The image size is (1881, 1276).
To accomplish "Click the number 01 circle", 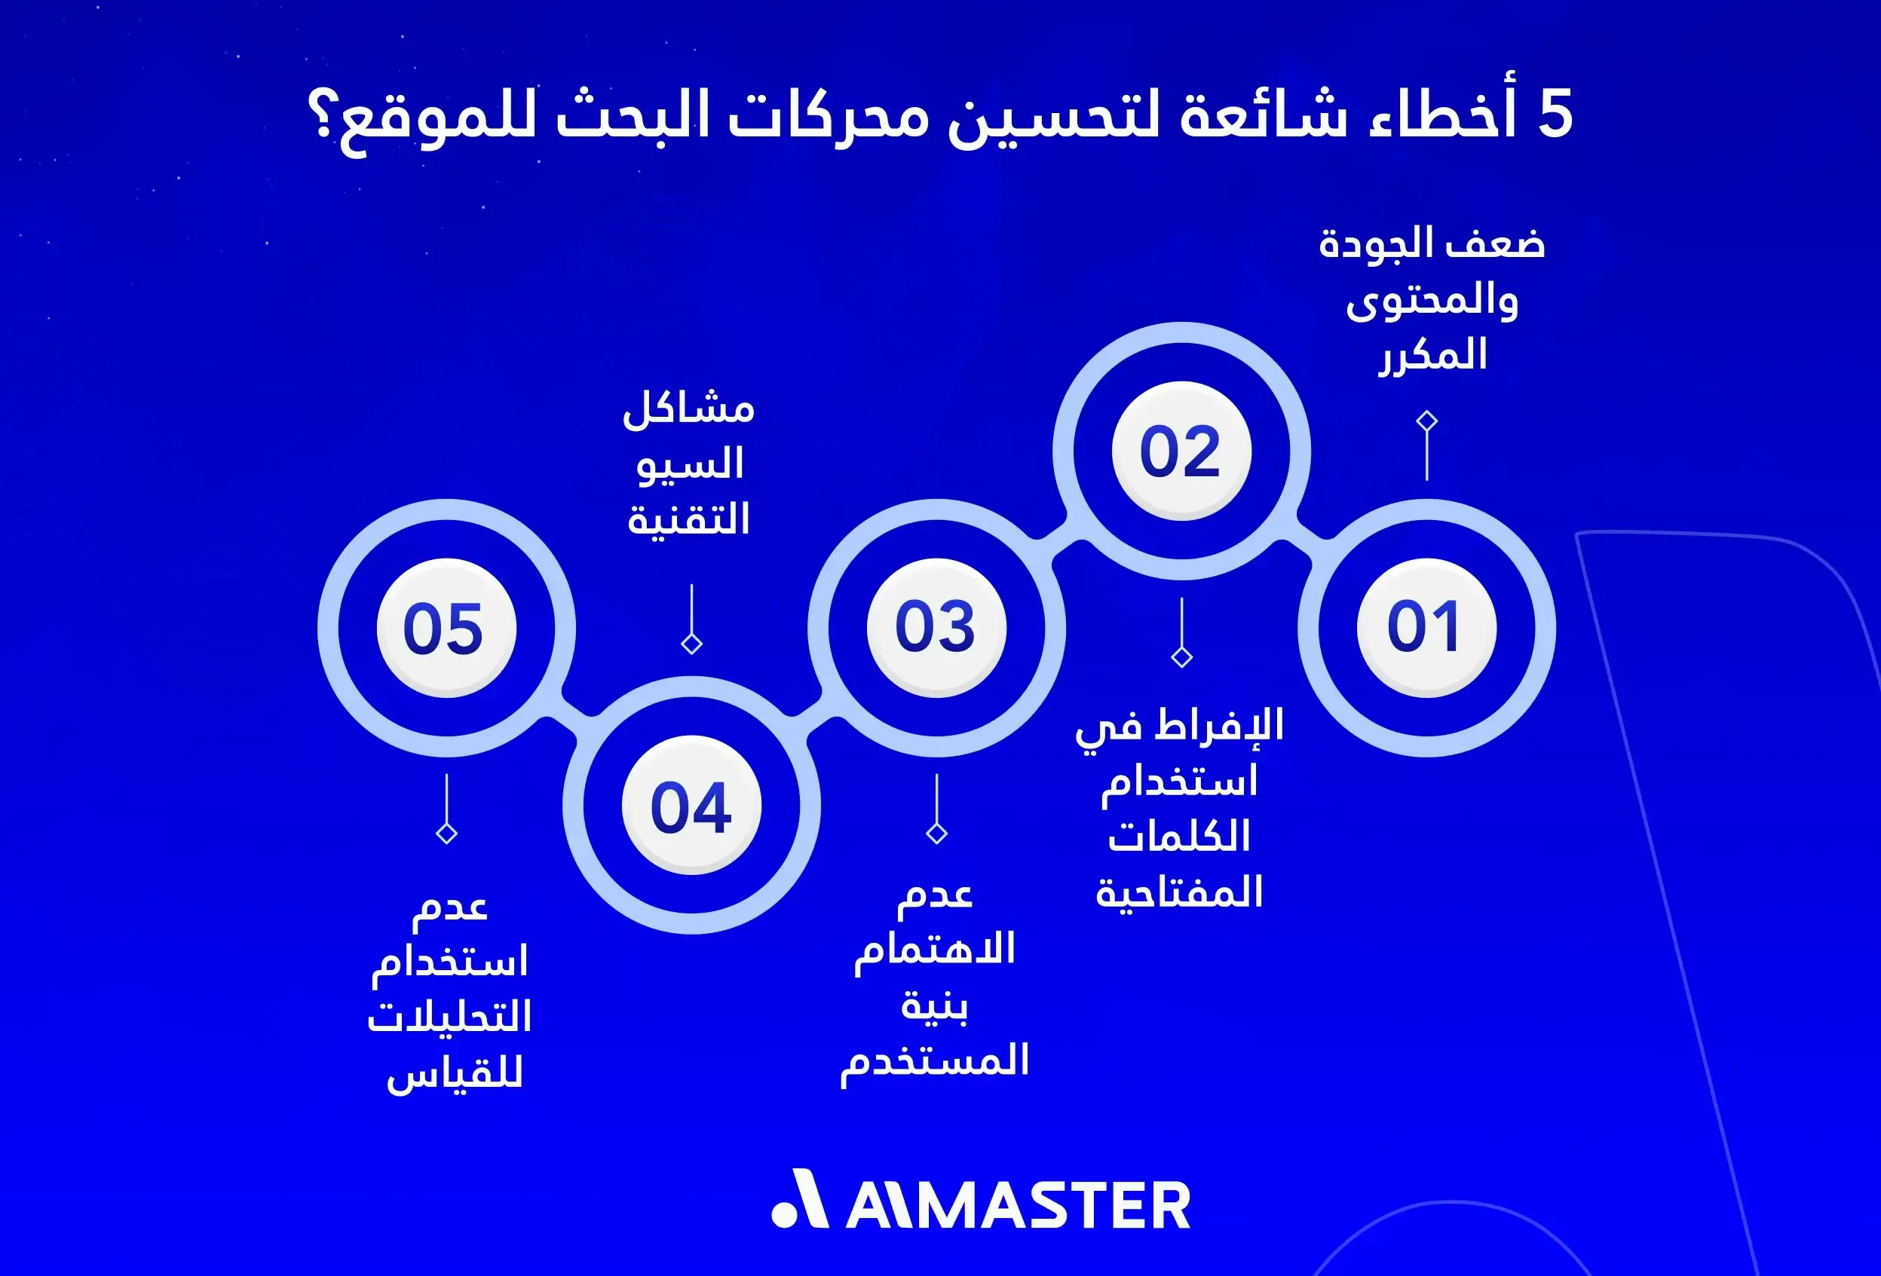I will click(x=1426, y=627).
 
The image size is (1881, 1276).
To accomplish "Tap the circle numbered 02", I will click(x=1181, y=451).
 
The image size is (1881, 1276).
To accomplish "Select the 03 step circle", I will click(x=936, y=627).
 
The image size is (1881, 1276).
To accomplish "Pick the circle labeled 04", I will click(x=691, y=805).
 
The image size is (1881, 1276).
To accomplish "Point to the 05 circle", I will click(x=446, y=627).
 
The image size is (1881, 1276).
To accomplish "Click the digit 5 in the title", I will click(x=1555, y=115).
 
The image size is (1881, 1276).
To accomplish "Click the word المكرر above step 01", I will click(x=1433, y=356).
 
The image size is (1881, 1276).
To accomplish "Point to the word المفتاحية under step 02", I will click(x=1179, y=892).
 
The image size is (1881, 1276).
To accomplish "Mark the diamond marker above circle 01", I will click(x=1426, y=421).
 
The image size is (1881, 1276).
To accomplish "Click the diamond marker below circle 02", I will click(x=1181, y=656).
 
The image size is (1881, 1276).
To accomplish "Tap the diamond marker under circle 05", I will click(x=447, y=833).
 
